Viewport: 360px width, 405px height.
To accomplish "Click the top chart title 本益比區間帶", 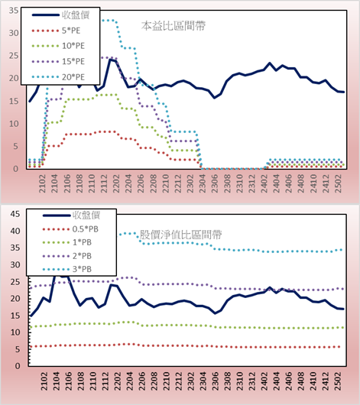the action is pos(174,26).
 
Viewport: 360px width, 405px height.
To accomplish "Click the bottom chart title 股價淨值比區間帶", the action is pos(180,235).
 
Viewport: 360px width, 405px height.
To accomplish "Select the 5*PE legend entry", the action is pos(56,31).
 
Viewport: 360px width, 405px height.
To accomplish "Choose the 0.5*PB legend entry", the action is pos(70,229).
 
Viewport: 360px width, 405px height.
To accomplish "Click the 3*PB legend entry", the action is pos(67,269).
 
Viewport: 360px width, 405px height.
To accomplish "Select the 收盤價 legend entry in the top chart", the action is pos(60,15).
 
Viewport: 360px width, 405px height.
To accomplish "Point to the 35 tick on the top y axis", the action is pos(14,11).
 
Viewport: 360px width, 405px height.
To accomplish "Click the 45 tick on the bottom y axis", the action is pos(15,214).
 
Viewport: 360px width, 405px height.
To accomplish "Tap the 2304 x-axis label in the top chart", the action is pos(202,183).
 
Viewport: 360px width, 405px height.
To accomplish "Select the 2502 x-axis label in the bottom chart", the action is pos(338,381).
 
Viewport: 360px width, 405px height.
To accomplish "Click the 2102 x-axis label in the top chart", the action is pos(42,183).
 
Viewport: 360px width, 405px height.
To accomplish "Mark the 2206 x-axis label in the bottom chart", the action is pos(141,381).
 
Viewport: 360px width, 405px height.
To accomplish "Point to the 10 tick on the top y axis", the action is pos(14,124).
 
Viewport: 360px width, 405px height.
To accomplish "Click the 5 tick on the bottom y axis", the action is pos(18,349).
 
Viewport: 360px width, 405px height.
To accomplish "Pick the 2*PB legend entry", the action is pos(67,256).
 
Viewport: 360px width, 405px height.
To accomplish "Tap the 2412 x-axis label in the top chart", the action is pos(326,183).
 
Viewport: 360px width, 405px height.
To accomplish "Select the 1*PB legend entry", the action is pos(67,242).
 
